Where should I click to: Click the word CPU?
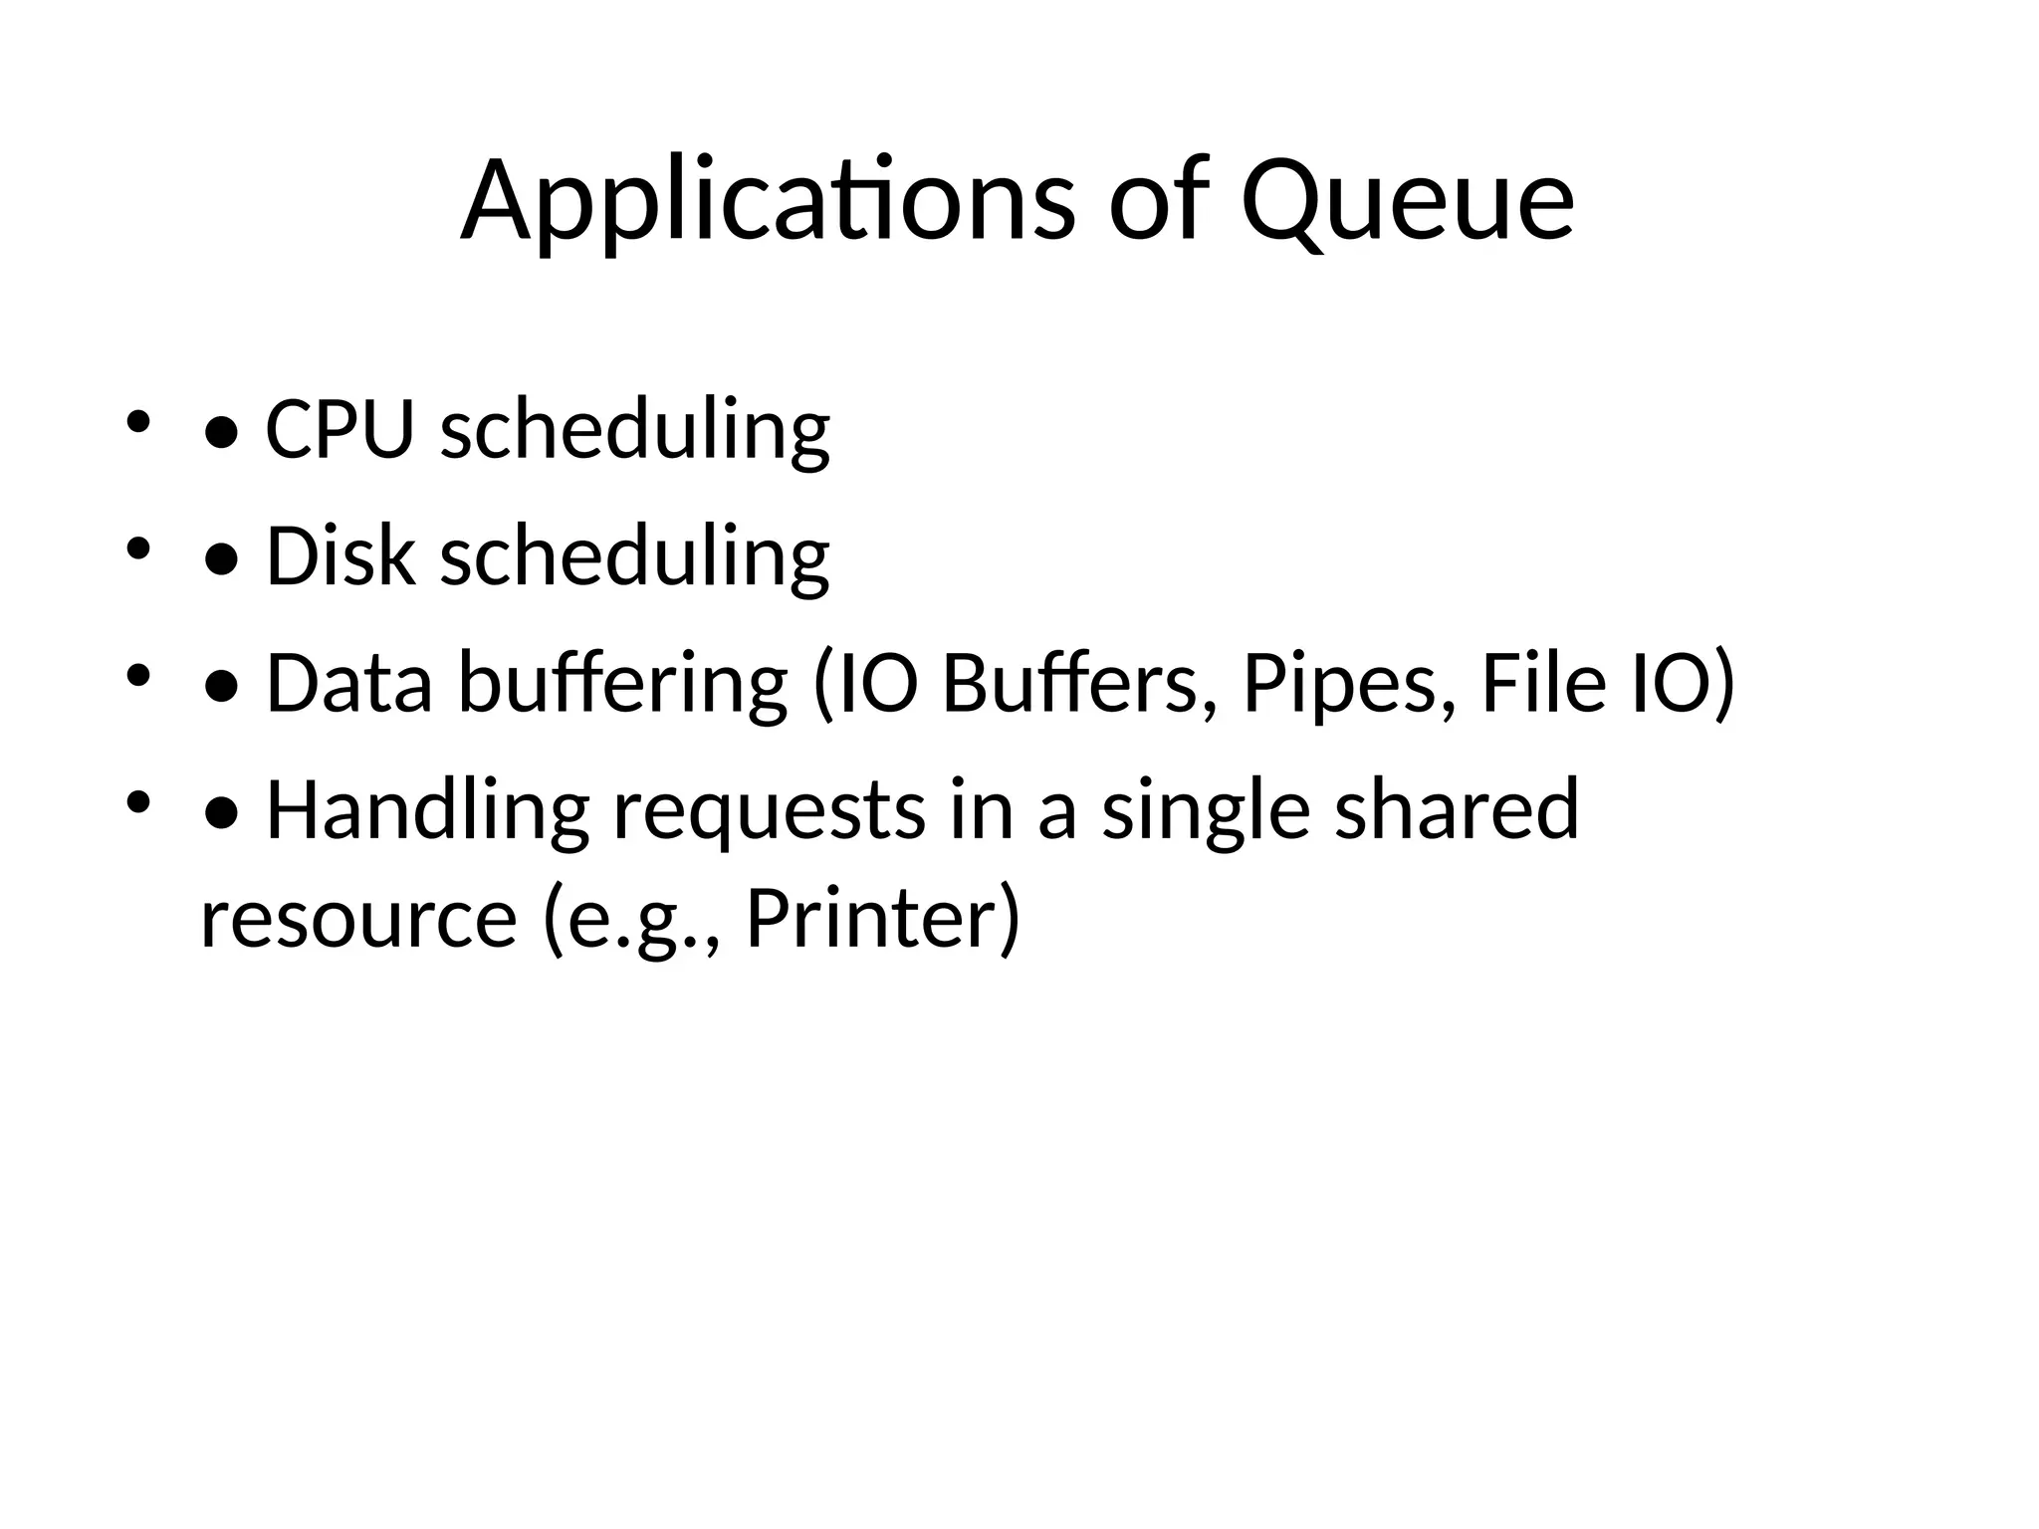click(340, 429)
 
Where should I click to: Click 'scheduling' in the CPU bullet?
click(635, 429)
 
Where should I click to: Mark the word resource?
click(358, 918)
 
